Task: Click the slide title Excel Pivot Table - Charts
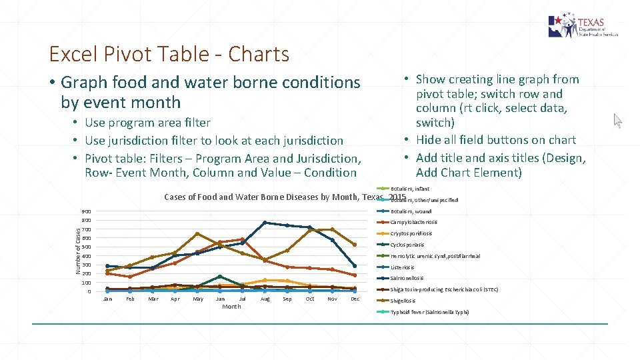click(x=169, y=54)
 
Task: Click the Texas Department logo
click(x=583, y=26)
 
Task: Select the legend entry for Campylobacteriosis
click(x=413, y=222)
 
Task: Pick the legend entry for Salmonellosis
click(x=406, y=278)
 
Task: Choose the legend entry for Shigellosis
click(x=404, y=301)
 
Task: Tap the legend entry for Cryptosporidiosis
click(x=411, y=233)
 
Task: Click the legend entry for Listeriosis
click(x=403, y=267)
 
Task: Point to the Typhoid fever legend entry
click(x=429, y=312)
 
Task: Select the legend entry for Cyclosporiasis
click(x=407, y=245)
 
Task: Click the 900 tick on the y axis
click(x=87, y=211)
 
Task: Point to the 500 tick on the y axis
click(x=87, y=247)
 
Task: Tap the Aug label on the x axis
click(x=265, y=299)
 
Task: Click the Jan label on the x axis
click(x=107, y=299)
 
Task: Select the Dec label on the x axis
click(x=355, y=299)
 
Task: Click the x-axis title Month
click(x=231, y=307)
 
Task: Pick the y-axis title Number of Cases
click(x=78, y=251)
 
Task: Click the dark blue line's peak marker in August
click(x=265, y=223)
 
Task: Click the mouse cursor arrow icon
click(x=617, y=121)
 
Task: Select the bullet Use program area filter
click(x=147, y=123)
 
